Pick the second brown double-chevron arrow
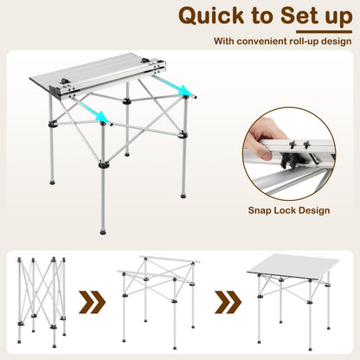pos(227,304)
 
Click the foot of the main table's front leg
pos(103,231)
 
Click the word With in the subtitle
pos(222,41)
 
